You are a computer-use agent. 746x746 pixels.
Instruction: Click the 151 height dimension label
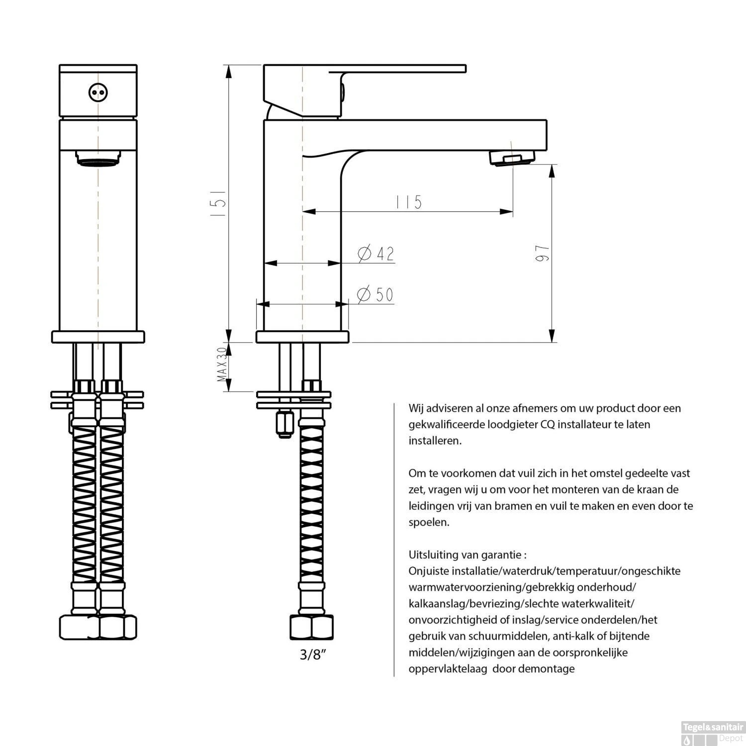219,202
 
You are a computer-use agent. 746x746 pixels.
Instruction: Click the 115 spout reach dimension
409,202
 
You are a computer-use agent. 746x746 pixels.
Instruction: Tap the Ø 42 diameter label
376,254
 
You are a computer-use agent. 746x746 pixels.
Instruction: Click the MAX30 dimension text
222,365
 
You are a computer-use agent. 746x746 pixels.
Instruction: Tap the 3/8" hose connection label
312,654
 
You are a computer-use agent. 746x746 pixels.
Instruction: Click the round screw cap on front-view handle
98,93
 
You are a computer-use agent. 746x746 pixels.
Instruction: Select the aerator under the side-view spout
512,158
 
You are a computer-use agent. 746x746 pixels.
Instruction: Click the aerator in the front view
98,159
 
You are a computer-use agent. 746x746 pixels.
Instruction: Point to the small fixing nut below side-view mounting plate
285,424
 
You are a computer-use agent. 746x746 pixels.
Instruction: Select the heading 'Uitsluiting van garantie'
467,554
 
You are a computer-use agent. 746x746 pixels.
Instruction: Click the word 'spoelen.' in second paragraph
429,522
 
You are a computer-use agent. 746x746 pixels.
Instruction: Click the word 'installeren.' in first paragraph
435,441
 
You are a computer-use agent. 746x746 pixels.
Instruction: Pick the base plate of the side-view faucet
302,337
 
